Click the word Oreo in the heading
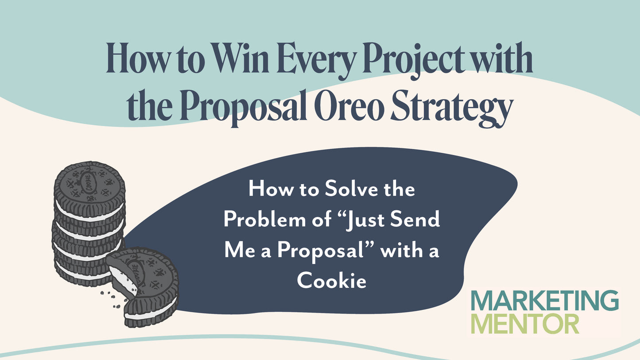tap(349, 106)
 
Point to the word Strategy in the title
tap(450, 108)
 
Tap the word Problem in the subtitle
tap(264, 220)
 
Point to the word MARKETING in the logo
tap(545, 301)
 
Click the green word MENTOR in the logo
tap(525, 323)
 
